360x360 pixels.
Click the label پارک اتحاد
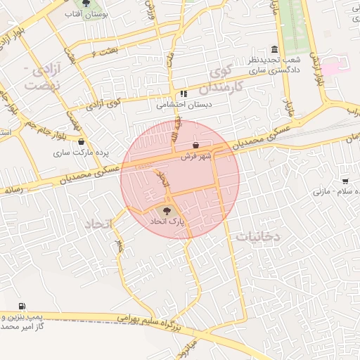pyautogui.click(x=166, y=221)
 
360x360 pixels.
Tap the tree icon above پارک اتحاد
pyautogui.click(x=167, y=210)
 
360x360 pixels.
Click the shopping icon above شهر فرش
pyautogui.click(x=195, y=146)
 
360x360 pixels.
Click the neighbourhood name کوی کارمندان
pyautogui.click(x=224, y=80)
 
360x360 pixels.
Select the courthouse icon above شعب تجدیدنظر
pyautogui.click(x=274, y=50)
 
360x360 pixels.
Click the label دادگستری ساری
pyautogui.click(x=276, y=70)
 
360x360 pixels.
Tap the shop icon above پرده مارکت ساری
pyautogui.click(x=82, y=141)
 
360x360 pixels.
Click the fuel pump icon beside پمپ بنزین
pyautogui.click(x=22, y=307)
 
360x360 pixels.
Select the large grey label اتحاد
pyautogui.click(x=99, y=224)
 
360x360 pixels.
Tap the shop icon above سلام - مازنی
pyautogui.click(x=345, y=181)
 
